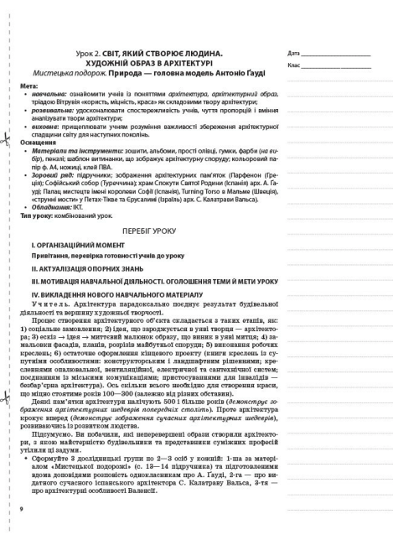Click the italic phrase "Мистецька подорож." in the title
click(97, 75)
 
